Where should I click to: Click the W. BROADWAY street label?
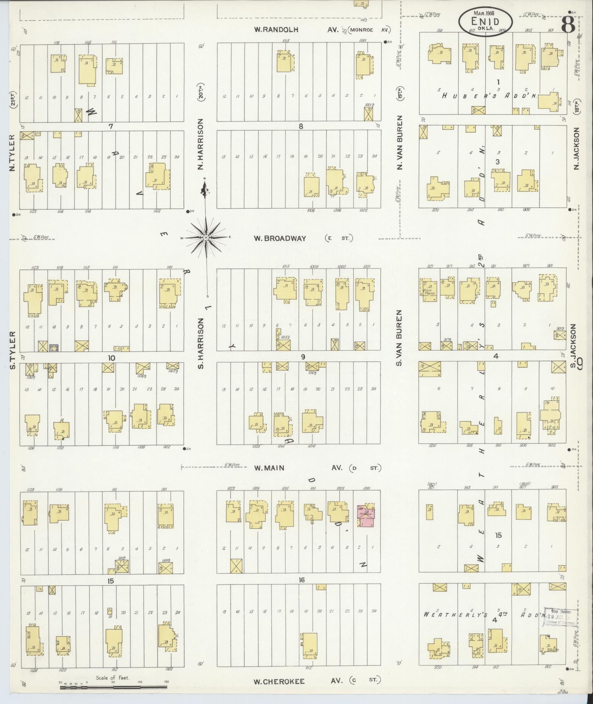pos(279,238)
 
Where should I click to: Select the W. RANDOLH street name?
pos(276,29)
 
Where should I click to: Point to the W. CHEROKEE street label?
pos(279,681)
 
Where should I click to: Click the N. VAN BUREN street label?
pos(400,143)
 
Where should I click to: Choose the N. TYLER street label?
pos(12,153)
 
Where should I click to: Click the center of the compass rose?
pos(206,238)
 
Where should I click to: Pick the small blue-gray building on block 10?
pos(54,347)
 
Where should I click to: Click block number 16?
pos(301,580)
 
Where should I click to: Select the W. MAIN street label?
pos(269,468)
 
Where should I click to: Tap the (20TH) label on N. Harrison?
pos(201,92)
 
